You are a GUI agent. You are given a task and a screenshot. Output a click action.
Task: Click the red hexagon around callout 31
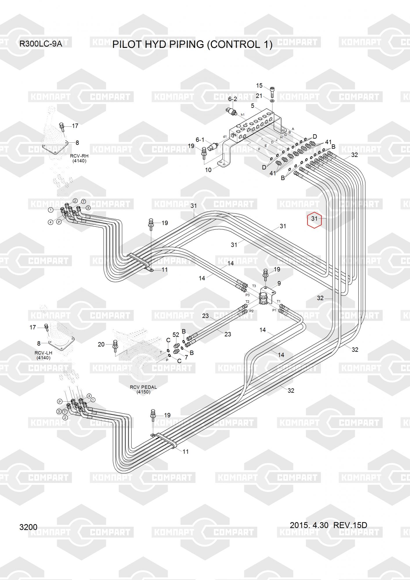[x=315, y=219]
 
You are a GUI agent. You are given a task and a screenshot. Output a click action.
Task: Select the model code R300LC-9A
[x=40, y=44]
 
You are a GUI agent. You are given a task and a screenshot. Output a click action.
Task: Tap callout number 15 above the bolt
[x=259, y=86]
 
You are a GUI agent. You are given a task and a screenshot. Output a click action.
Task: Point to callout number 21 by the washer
[x=259, y=96]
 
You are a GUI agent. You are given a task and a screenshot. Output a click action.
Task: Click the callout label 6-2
[x=232, y=99]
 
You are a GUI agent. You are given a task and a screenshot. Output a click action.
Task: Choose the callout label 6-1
[x=200, y=140]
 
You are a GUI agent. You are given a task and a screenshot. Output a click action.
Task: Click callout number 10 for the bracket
[x=208, y=170]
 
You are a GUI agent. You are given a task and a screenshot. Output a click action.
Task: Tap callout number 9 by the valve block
[x=279, y=283]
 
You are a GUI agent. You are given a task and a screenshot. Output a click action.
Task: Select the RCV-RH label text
[x=79, y=156]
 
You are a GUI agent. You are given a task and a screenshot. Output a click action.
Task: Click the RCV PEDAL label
[x=143, y=387]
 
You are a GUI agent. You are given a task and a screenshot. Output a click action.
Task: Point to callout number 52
[x=176, y=335]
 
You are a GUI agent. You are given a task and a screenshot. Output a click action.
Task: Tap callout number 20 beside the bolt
[x=101, y=345]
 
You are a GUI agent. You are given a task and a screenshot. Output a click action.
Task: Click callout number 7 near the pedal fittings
[x=186, y=357]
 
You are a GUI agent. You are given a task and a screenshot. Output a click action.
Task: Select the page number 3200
[x=28, y=527]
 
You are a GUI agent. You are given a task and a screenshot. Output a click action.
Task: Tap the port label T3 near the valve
[x=254, y=286]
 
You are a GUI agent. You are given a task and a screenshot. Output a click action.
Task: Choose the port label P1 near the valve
[x=274, y=310]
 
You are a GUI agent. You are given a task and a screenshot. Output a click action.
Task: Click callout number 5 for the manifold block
[x=252, y=106]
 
